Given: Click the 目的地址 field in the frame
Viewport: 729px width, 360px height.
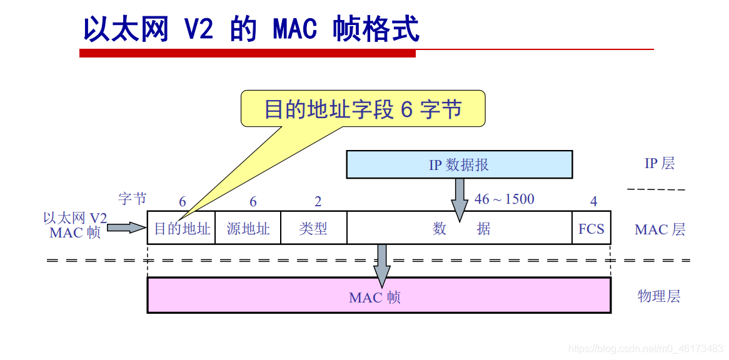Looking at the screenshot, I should [x=181, y=228].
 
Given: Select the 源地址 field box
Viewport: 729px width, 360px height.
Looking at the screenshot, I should [x=248, y=228].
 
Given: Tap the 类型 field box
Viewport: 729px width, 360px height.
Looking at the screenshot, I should [x=313, y=228].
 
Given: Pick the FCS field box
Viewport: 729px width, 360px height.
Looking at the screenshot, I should [x=591, y=228].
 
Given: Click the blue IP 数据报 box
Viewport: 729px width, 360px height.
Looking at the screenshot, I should [x=460, y=164].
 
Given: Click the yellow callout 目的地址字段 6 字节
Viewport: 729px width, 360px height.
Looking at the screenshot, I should [x=363, y=109].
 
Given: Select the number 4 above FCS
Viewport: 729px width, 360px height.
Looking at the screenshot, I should [x=593, y=201].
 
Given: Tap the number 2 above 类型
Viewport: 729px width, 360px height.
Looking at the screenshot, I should [x=318, y=201].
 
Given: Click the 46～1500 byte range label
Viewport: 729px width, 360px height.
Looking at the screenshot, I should [x=505, y=199].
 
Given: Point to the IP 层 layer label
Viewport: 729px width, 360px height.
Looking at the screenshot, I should [x=660, y=164].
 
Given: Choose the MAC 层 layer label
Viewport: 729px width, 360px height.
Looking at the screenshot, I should [x=660, y=229].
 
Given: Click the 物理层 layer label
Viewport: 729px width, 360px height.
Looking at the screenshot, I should [x=659, y=296].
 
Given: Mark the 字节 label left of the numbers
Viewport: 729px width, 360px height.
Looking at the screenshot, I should [x=133, y=199].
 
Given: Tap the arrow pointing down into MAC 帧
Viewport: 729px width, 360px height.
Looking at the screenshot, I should [x=381, y=265].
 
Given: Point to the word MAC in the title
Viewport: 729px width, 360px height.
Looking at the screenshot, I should [x=294, y=29].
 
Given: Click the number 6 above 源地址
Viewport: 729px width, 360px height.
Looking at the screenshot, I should [x=253, y=201].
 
